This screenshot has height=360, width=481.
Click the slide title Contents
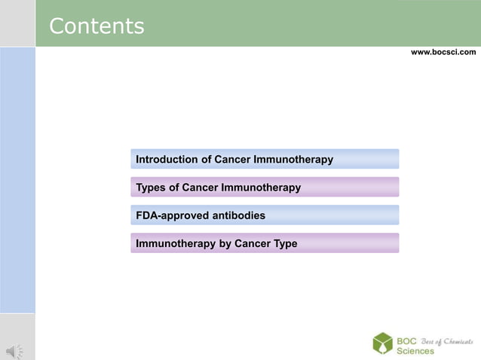97,26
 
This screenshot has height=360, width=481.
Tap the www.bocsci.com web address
443,52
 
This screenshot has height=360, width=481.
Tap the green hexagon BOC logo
382,343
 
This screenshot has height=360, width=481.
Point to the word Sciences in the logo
415,352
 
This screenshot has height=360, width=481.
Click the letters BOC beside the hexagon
407,340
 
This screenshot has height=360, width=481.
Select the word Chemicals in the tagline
458,341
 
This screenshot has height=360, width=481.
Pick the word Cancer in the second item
200,188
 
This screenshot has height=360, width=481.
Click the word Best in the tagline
427,341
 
